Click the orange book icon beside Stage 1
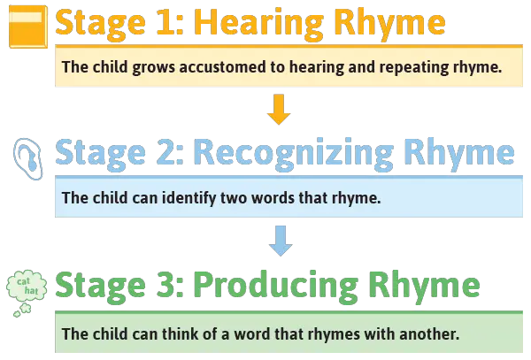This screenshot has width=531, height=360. (28, 27)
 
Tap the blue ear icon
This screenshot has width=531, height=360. (28, 158)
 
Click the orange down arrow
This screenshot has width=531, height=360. (279, 110)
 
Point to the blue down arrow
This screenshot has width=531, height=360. (281, 241)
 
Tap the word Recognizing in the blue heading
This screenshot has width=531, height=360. (294, 154)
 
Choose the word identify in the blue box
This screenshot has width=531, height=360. (189, 198)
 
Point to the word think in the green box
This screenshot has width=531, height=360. (180, 334)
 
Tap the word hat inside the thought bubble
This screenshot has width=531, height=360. (31, 291)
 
